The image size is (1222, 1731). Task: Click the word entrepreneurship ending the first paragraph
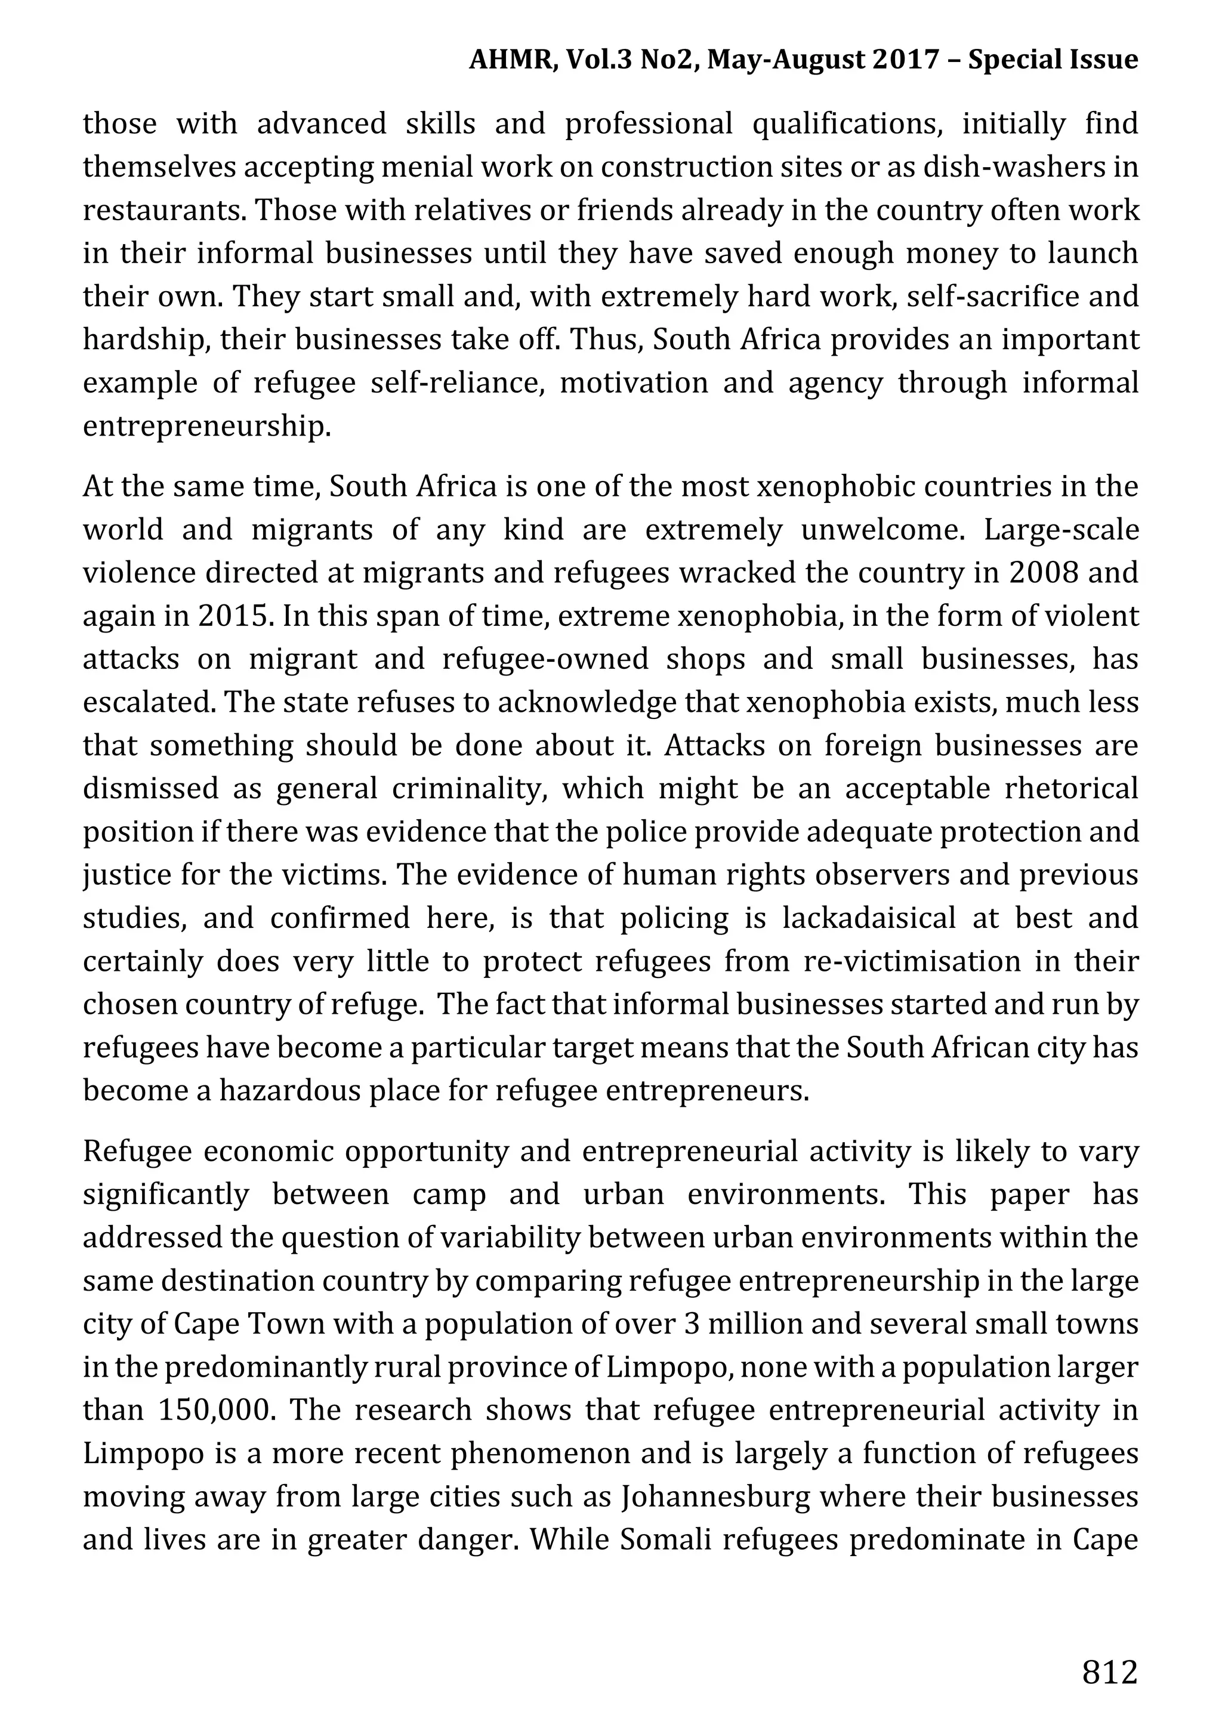click(x=206, y=427)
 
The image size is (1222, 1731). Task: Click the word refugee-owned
click(x=545, y=659)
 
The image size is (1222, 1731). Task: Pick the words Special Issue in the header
click(x=1053, y=60)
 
